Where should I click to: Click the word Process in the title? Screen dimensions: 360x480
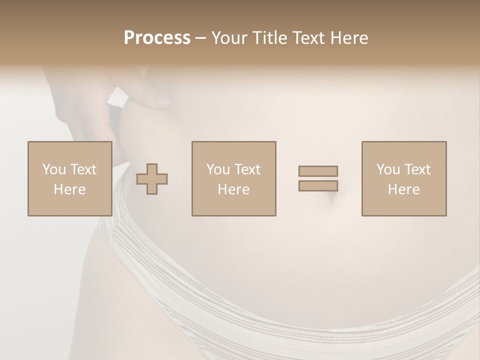(157, 38)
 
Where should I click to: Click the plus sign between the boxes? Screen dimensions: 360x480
(152, 179)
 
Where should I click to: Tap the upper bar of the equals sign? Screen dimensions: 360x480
(318, 171)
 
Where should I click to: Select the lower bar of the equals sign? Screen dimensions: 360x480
(318, 186)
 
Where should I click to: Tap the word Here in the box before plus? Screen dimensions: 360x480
(69, 189)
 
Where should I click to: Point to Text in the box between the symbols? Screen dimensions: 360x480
(247, 170)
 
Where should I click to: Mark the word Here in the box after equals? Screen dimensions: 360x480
(403, 189)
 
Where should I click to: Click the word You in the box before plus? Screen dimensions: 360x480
(54, 170)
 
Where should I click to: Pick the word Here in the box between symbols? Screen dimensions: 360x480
(233, 189)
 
